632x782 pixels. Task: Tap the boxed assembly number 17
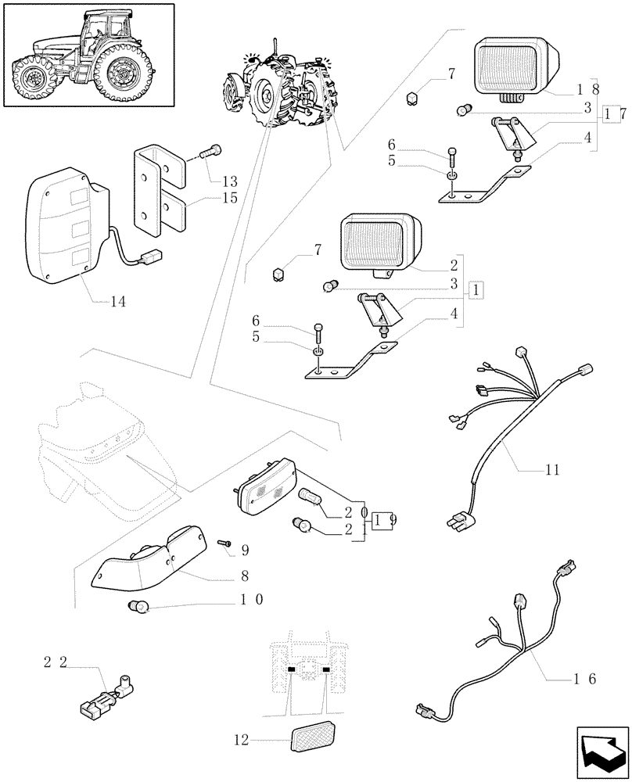615,114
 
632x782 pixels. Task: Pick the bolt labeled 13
210,153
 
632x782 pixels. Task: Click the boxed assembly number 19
383,519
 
